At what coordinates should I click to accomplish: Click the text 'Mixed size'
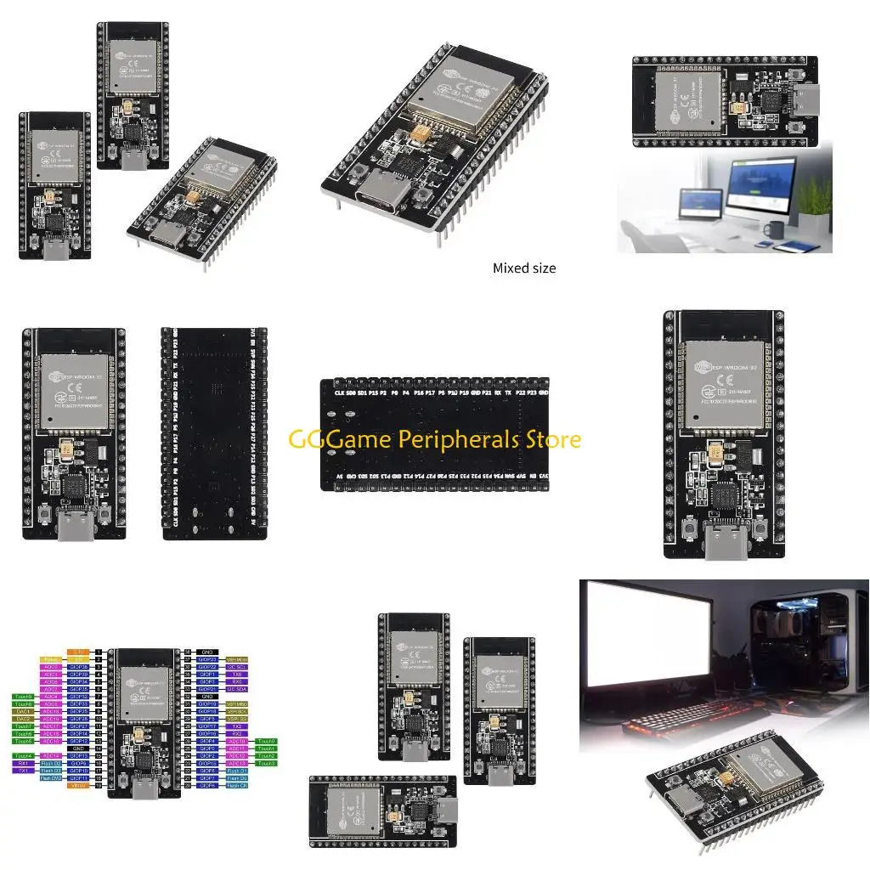click(x=524, y=268)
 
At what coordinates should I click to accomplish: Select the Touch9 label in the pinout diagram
click(x=24, y=697)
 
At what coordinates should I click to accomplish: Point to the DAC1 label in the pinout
click(x=24, y=711)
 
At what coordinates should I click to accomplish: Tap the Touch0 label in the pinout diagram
click(x=266, y=741)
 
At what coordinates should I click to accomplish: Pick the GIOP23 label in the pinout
click(x=207, y=659)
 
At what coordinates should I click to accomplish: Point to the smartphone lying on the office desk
click(x=794, y=246)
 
